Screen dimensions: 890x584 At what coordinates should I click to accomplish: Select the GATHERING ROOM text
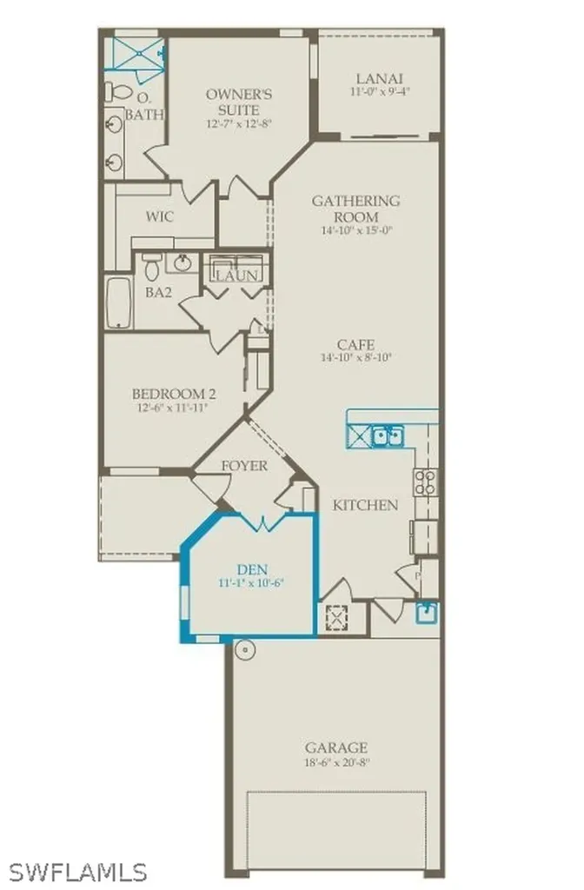(356, 209)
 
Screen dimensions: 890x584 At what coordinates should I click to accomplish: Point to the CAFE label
(356, 344)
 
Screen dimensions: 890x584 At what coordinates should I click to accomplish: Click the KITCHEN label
(366, 505)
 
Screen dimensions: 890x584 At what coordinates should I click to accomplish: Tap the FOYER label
(244, 465)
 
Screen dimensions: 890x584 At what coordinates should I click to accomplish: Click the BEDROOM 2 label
(175, 394)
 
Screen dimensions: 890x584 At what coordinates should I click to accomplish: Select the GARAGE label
(336, 747)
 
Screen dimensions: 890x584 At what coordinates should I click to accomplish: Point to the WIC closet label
(160, 216)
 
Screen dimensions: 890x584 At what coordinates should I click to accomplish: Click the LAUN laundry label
(237, 276)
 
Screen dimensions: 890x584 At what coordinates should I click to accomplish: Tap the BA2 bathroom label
(157, 293)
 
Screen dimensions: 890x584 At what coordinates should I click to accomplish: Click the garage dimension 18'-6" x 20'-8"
(335, 762)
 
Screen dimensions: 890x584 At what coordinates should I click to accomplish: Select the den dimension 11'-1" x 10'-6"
(251, 583)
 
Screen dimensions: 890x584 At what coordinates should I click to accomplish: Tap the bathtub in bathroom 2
(118, 302)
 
